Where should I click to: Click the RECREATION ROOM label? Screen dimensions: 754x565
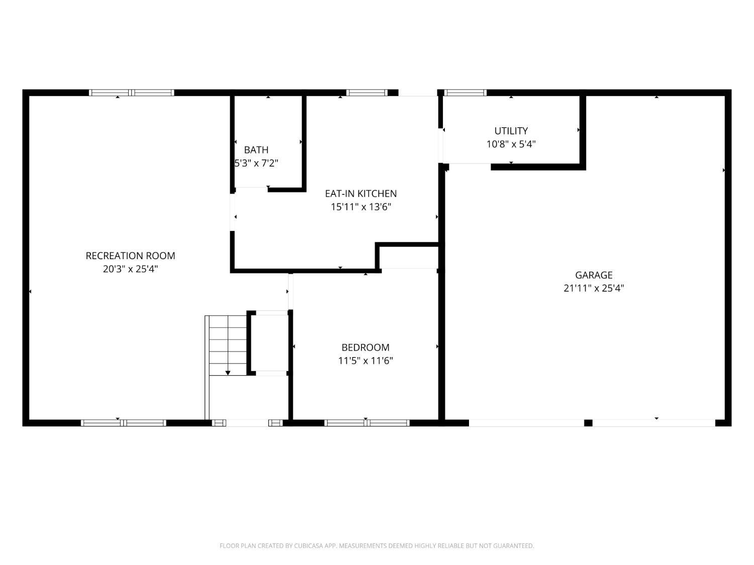[x=130, y=256]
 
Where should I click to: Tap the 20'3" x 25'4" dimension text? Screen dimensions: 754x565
[x=130, y=269]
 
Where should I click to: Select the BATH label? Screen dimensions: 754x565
[x=256, y=150]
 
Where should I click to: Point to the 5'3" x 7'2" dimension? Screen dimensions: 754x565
[x=256, y=163]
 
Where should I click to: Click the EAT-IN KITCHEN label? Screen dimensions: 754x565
[x=361, y=193]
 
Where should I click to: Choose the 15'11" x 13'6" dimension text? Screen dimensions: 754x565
[x=361, y=207]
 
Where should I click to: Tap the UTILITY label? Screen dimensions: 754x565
[x=511, y=131]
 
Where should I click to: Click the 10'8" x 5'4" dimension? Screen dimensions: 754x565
[x=511, y=144]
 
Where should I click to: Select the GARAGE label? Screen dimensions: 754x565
[x=594, y=275]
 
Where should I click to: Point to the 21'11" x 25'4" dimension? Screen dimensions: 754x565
[x=594, y=288]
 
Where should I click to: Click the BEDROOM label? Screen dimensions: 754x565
[x=365, y=348]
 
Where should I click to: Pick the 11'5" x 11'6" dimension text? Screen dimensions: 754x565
[x=365, y=361]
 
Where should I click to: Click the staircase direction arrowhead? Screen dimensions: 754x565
[x=228, y=373]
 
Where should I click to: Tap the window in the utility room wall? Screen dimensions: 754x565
[x=465, y=92]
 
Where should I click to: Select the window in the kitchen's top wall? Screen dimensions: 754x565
[x=367, y=92]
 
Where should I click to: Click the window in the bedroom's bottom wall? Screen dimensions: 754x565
[x=367, y=423]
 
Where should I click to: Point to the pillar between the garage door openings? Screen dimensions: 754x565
[x=588, y=423]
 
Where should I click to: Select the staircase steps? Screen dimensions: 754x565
[x=228, y=345]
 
